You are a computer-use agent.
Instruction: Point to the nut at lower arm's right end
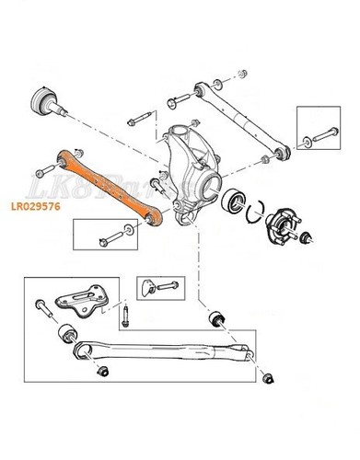click(x=268, y=377)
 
